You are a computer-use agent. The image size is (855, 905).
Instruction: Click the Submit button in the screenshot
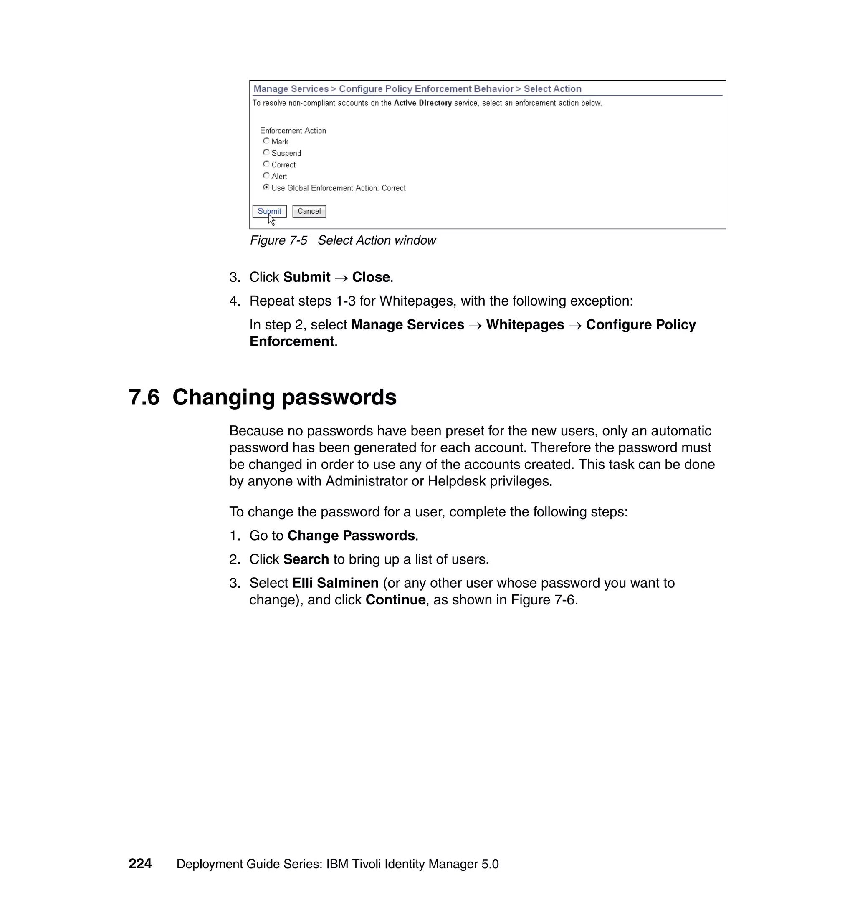click(269, 212)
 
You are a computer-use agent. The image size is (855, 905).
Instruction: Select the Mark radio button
click(266, 141)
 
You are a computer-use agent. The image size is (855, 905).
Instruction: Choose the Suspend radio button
click(266, 153)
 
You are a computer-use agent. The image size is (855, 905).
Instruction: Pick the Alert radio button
click(266, 176)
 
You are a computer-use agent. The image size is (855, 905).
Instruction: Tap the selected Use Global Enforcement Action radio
click(266, 187)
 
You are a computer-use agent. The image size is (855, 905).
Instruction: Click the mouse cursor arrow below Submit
click(272, 220)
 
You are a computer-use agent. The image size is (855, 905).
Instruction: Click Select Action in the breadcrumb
click(552, 89)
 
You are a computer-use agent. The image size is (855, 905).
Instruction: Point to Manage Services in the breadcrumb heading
click(291, 89)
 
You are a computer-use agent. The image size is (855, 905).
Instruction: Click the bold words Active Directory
click(422, 103)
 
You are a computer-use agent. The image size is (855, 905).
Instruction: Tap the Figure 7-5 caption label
click(278, 240)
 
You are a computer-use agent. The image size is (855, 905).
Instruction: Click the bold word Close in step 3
click(371, 277)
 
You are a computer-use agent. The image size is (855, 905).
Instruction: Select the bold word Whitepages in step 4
click(525, 325)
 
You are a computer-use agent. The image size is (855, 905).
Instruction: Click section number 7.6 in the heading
click(144, 397)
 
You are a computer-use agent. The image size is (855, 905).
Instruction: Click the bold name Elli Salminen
click(335, 583)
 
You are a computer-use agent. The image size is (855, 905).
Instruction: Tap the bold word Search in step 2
click(306, 560)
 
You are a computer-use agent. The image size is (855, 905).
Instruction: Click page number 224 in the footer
click(140, 864)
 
